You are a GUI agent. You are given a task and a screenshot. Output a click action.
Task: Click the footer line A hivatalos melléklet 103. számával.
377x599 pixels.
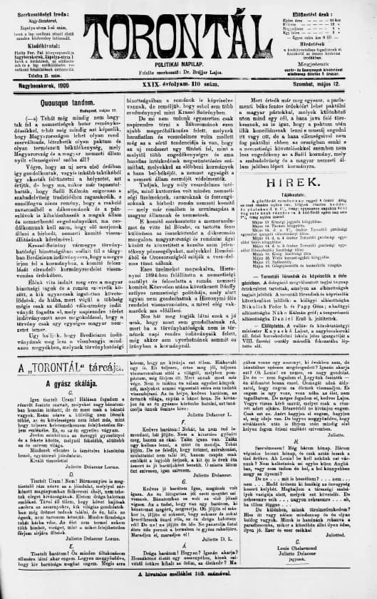[188, 591]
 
